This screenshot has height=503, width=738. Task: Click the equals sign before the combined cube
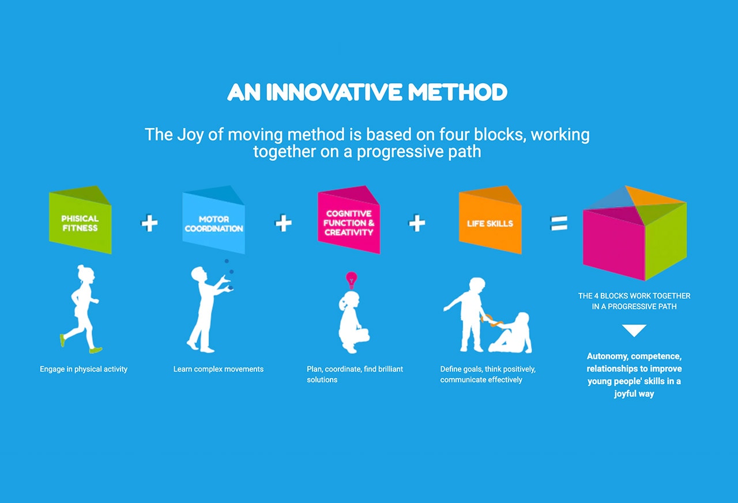tap(559, 223)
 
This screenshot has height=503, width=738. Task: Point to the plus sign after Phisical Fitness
tap(149, 223)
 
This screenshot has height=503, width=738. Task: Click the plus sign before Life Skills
tap(417, 223)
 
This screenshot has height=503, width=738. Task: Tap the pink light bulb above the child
tap(351, 280)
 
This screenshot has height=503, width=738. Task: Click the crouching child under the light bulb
tap(352, 323)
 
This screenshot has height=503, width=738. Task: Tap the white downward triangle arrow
tap(634, 331)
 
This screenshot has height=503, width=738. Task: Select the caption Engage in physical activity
tap(84, 369)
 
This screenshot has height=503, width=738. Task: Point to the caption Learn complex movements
tap(219, 369)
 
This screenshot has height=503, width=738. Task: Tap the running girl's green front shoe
tap(96, 350)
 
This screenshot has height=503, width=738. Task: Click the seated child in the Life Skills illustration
tap(513, 335)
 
